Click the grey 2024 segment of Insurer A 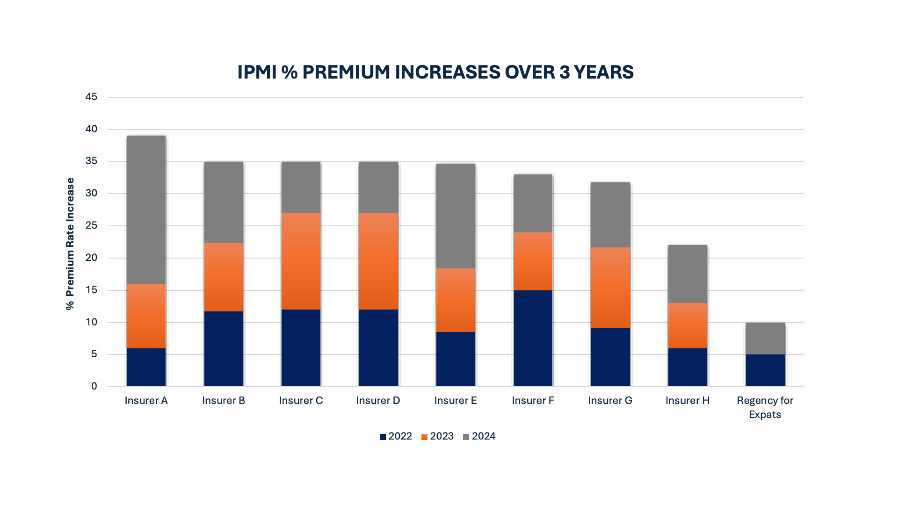click(146, 209)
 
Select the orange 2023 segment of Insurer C click(301, 261)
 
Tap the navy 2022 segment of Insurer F click(533, 338)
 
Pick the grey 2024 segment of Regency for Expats click(765, 338)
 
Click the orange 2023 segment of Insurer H click(688, 325)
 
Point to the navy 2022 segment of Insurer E click(456, 359)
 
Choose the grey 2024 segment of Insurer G click(610, 215)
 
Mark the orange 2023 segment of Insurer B click(224, 277)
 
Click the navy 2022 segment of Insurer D click(378, 348)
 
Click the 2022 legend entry click(396, 436)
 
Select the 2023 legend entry click(437, 436)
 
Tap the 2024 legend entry click(479, 436)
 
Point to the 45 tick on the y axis click(91, 97)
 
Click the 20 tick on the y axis click(91, 258)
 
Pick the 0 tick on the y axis click(94, 386)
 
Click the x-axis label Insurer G click(610, 401)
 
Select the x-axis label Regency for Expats click(765, 407)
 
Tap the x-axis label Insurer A click(146, 401)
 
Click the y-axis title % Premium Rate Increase click(70, 244)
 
